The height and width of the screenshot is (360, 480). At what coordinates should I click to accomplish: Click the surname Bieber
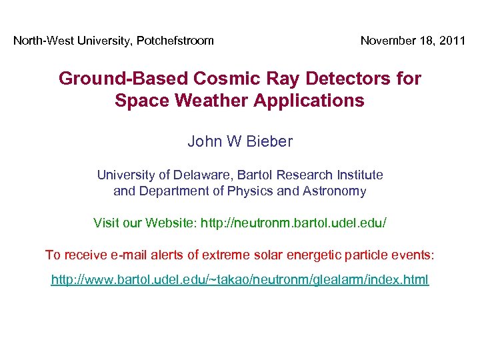pyautogui.click(x=270, y=141)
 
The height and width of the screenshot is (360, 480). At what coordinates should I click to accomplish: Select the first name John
pyautogui.click(x=202, y=141)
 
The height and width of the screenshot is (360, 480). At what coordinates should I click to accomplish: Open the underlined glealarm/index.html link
pyautogui.click(x=240, y=279)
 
